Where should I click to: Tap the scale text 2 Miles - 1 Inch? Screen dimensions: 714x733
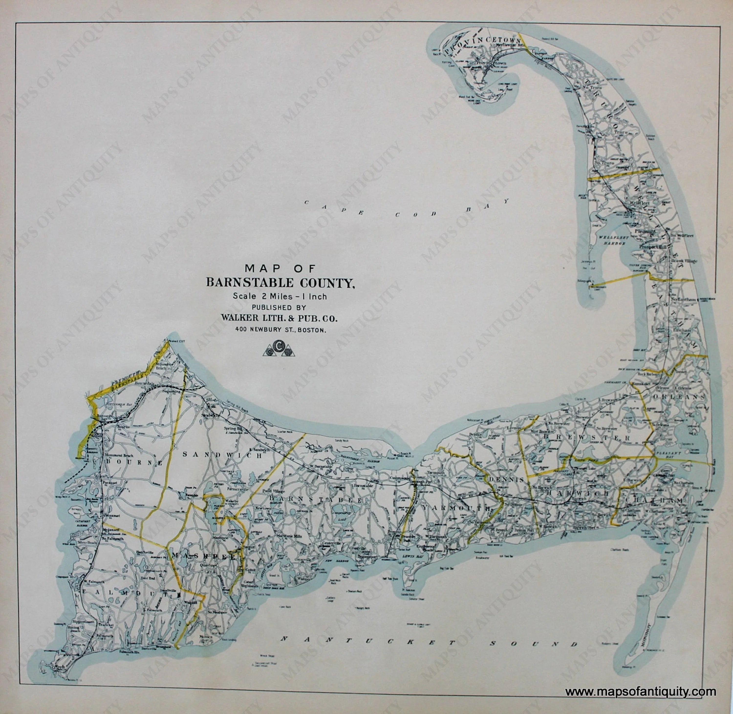(x=280, y=296)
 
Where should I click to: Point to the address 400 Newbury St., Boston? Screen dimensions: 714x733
(x=280, y=330)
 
